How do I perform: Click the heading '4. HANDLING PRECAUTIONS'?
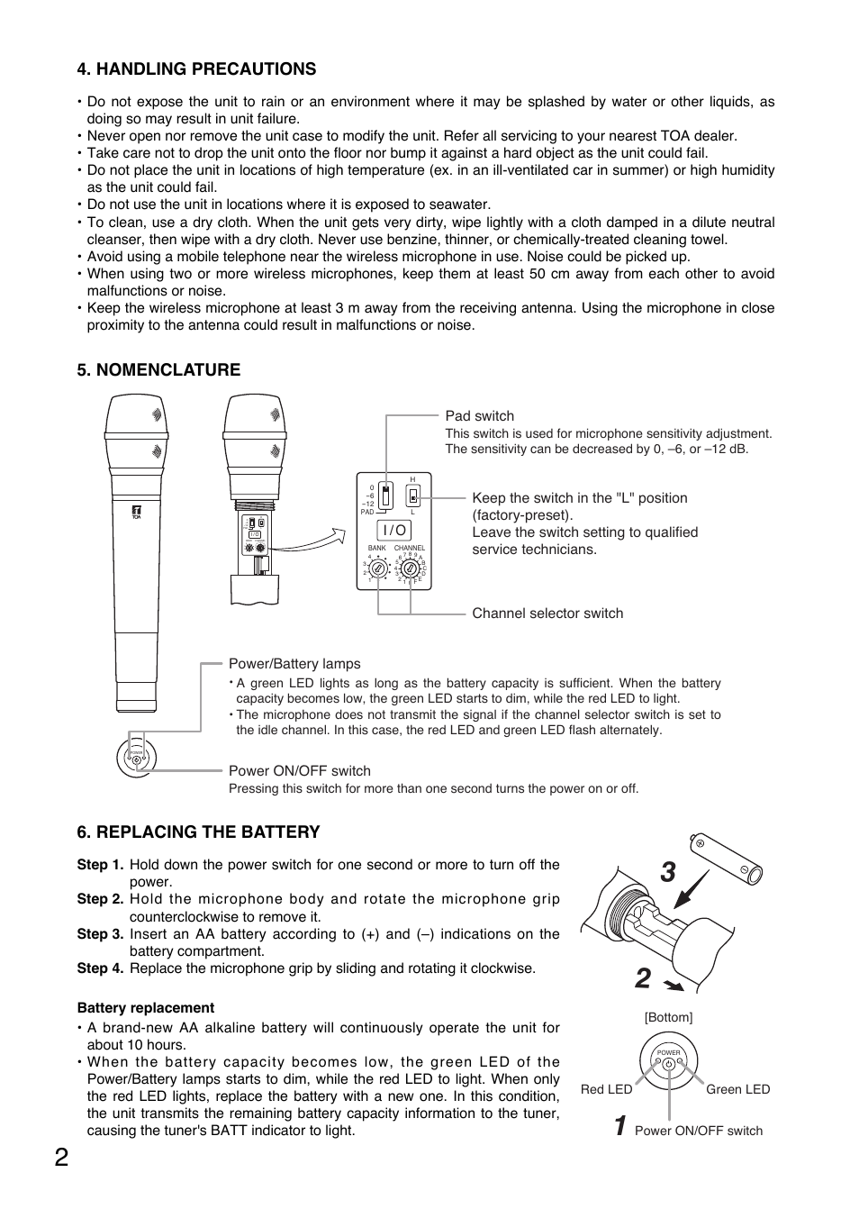(196, 69)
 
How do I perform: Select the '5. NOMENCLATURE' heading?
(158, 369)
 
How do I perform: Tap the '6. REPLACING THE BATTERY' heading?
(198, 832)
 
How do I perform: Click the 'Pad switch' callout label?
(479, 416)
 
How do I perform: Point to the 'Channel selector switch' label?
(547, 614)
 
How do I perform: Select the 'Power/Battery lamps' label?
(294, 664)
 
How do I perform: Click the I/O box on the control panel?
(395, 531)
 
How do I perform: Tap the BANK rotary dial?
(379, 569)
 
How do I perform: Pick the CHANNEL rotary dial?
(410, 569)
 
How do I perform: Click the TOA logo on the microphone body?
(137, 511)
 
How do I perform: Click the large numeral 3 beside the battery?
(667, 872)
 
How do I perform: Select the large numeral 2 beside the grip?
(642, 979)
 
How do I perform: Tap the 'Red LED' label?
(606, 1089)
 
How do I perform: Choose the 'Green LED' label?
(737, 1089)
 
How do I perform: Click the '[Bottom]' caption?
(668, 1017)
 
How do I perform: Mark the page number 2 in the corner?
(59, 1158)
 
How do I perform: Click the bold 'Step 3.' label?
(100, 934)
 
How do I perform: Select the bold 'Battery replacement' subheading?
(145, 1008)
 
